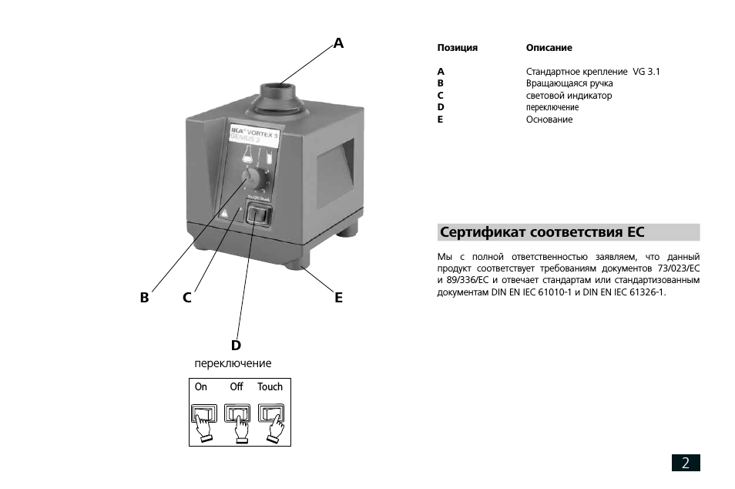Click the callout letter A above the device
(x=338, y=43)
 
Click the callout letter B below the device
(x=144, y=297)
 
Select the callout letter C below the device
(x=187, y=297)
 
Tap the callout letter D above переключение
(x=236, y=345)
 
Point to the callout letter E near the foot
(x=338, y=297)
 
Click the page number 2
(x=686, y=463)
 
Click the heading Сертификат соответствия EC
(x=542, y=232)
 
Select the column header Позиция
(x=458, y=48)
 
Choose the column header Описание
(x=549, y=48)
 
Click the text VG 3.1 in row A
(x=646, y=72)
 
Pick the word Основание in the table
(x=549, y=120)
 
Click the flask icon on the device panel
(x=249, y=153)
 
